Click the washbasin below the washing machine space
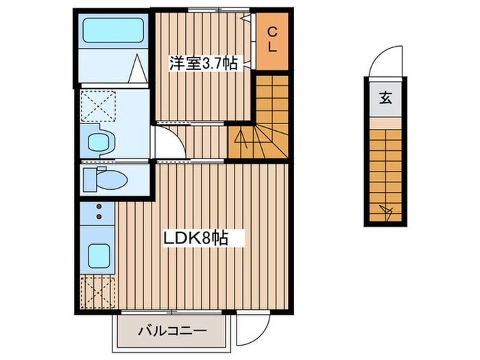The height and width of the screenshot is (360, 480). (x=100, y=143)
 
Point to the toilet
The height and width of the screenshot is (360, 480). (x=105, y=180)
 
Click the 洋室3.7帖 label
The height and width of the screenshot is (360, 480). (x=203, y=63)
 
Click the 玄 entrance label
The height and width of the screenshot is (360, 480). (x=384, y=98)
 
